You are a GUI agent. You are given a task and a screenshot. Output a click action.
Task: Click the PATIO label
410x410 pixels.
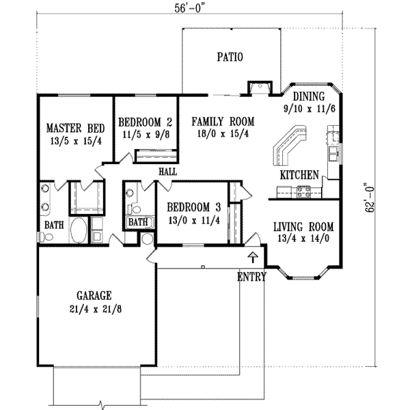tap(230, 57)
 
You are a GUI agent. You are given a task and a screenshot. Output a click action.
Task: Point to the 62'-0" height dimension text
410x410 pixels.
tap(370, 198)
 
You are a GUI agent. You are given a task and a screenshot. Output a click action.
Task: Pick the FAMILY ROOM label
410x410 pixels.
tap(223, 122)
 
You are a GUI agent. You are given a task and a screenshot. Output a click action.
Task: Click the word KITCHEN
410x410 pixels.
tap(299, 175)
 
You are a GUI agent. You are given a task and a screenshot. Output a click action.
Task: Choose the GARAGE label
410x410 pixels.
tap(94, 296)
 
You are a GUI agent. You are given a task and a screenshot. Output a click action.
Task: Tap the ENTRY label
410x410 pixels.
tap(251, 277)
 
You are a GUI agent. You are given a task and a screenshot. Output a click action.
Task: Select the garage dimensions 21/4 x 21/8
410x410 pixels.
tap(94, 309)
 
